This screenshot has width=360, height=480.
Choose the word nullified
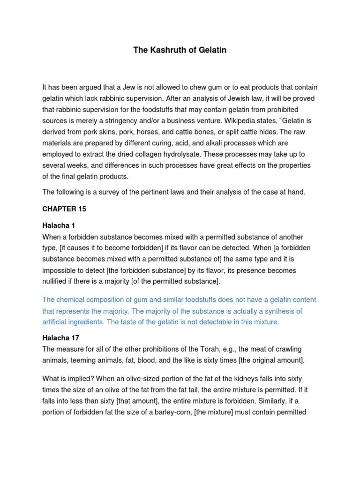(57, 282)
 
